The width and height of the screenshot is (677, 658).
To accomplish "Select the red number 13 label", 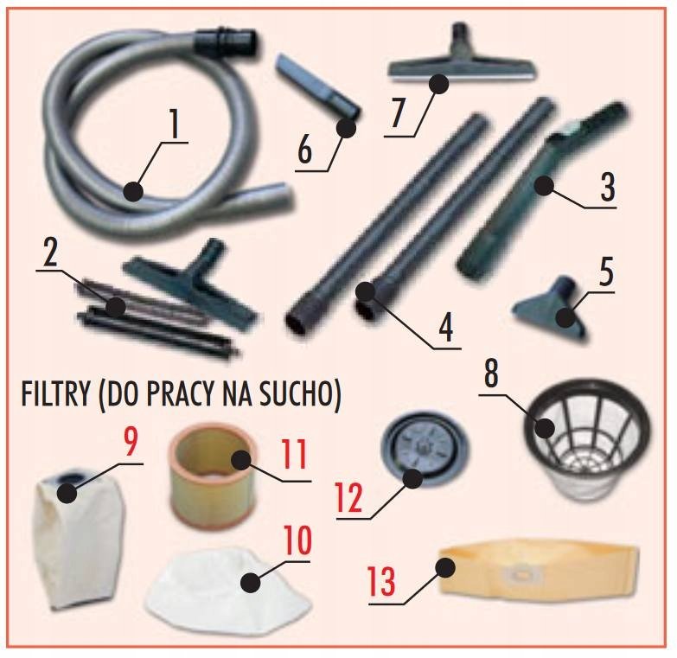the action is [381, 581].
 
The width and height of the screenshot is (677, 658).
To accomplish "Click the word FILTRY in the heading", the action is [55, 393].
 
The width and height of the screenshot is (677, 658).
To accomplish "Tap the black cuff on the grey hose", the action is [227, 38].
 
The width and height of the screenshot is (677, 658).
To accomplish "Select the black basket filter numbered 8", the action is [588, 438].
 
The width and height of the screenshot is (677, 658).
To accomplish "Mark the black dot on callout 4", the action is [365, 291].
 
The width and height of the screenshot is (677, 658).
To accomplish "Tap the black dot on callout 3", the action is [543, 186].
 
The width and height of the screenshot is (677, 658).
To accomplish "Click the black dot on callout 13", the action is [445, 567].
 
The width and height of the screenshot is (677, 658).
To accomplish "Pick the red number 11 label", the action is [294, 454].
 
